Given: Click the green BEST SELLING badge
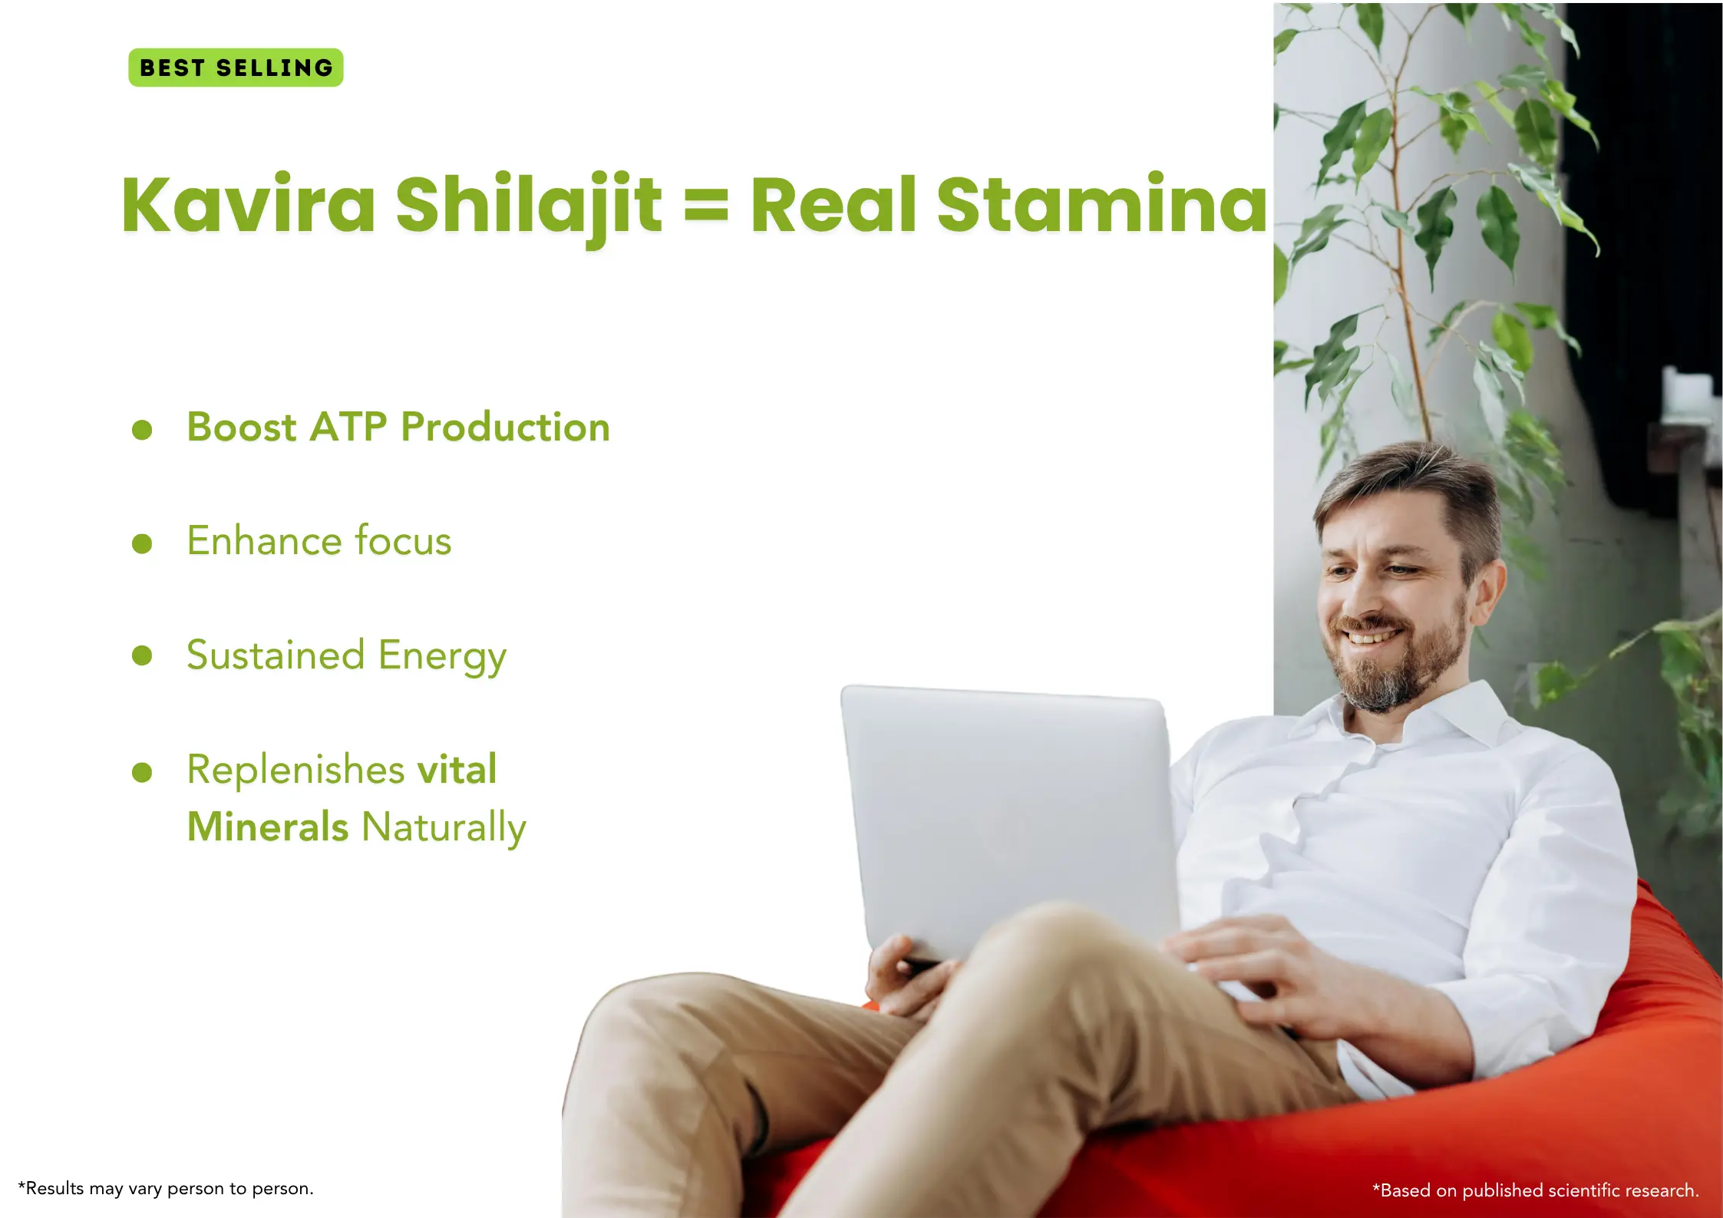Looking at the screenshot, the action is point(236,68).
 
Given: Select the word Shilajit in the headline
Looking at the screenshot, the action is point(528,207).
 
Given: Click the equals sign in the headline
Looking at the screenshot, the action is point(706,206).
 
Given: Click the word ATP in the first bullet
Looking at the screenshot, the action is point(348,427).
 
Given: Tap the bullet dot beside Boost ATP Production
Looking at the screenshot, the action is point(142,429).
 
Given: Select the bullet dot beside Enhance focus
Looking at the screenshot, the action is point(142,543).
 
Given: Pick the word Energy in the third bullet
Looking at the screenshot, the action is point(442,657).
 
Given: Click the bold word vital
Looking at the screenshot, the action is point(457,768).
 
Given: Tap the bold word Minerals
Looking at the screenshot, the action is point(268,827).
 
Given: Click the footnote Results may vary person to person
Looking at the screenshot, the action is point(166,1189).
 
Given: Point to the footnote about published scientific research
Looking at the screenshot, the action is point(1536,1190).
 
